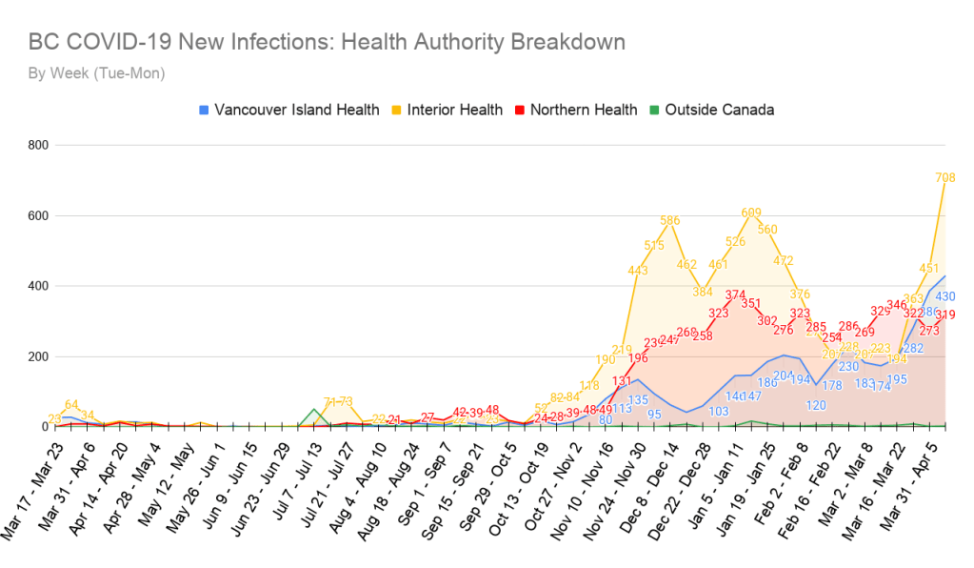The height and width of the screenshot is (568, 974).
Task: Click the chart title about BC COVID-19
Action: click(x=327, y=42)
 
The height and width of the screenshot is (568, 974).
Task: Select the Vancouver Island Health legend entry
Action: click(x=288, y=110)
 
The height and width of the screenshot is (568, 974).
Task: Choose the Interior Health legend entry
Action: click(x=447, y=110)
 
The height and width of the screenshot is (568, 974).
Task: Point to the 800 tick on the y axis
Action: click(x=39, y=145)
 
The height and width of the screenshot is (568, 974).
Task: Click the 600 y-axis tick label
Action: click(x=39, y=215)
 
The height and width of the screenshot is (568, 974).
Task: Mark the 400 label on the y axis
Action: click(x=39, y=286)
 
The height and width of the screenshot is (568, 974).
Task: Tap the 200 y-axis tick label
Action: click(x=39, y=356)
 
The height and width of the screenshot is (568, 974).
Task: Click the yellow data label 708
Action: click(x=944, y=177)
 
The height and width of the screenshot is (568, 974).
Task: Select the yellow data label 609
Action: click(x=751, y=213)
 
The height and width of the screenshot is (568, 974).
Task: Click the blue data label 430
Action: click(x=944, y=296)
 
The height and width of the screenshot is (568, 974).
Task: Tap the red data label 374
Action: click(x=735, y=294)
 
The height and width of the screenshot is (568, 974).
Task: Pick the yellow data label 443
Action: click(x=637, y=271)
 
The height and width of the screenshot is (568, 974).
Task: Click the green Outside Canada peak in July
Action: click(x=314, y=410)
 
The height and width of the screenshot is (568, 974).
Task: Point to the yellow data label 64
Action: click(x=70, y=404)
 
